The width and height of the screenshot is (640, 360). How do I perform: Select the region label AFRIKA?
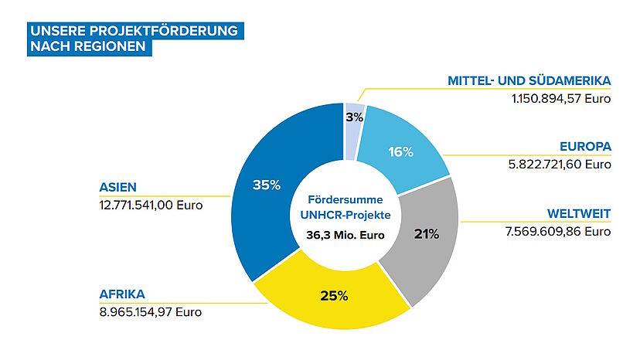coord(122,294)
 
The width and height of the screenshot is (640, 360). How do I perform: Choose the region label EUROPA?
coord(585,146)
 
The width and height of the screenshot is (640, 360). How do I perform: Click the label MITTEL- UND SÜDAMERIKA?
coord(529,80)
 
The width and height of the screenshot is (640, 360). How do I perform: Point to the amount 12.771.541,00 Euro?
coord(151,205)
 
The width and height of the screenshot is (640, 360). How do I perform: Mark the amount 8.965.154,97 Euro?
coord(150,312)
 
